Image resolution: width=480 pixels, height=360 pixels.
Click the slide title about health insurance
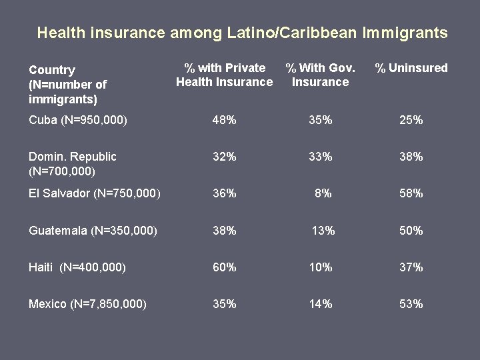click(x=242, y=32)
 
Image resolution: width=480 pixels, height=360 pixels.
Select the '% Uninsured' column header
click(x=411, y=68)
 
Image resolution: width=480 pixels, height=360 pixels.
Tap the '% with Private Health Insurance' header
click(x=225, y=75)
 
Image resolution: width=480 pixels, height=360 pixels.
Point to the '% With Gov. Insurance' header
click(x=320, y=75)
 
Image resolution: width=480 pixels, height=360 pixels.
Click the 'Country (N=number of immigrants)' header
click(x=67, y=85)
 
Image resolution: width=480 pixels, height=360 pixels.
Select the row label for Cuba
click(x=78, y=120)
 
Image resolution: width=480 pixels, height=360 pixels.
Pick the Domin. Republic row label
click(x=72, y=164)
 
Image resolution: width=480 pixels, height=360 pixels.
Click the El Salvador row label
click(x=94, y=193)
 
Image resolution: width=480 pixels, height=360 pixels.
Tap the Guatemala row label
click(x=93, y=231)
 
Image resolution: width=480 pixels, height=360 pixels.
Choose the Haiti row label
click(x=77, y=267)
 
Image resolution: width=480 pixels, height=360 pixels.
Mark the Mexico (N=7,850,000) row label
click(x=87, y=304)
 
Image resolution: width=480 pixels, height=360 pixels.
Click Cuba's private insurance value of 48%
click(x=224, y=120)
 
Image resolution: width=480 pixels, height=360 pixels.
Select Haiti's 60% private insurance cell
click(x=224, y=267)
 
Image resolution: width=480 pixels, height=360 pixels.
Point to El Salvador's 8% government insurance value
click(x=323, y=193)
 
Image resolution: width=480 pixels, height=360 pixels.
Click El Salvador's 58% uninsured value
click(x=411, y=193)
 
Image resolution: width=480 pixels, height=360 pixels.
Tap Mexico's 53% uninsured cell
click(x=411, y=304)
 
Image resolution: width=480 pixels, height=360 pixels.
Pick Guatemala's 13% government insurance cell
click(x=323, y=231)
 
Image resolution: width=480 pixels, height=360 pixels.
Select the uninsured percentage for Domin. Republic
click(x=411, y=157)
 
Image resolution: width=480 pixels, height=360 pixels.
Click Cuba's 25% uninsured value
click(x=411, y=120)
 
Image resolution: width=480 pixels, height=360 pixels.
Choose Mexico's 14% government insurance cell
click(x=320, y=304)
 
